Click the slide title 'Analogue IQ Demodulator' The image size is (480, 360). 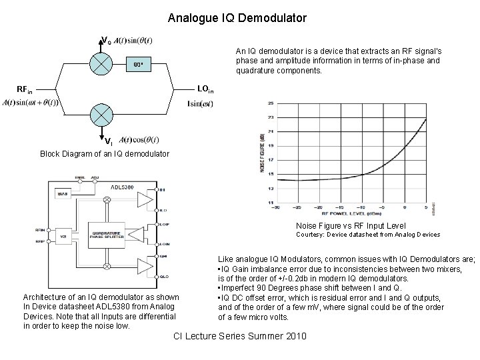click(237, 18)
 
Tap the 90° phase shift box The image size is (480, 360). click(137, 65)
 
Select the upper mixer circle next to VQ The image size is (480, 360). click(101, 65)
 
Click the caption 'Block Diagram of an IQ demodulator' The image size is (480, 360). click(105, 153)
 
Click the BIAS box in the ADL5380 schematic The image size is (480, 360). click(63, 193)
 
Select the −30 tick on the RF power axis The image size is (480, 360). click(275, 206)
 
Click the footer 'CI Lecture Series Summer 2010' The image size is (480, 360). click(239, 336)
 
